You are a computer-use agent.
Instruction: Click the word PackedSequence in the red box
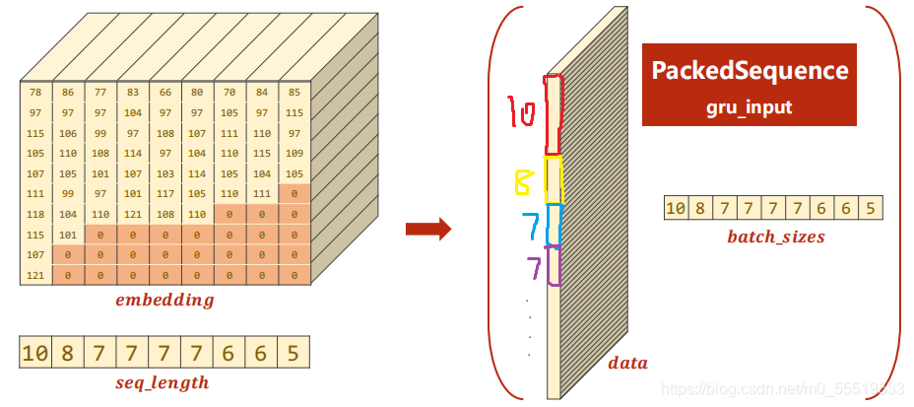click(750, 71)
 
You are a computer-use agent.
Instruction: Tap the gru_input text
click(750, 105)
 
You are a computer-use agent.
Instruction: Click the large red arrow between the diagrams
click(428, 230)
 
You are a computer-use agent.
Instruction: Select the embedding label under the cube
click(164, 301)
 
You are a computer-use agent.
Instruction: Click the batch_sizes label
click(775, 237)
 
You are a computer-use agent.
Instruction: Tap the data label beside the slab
click(627, 363)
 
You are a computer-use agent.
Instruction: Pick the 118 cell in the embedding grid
click(35, 213)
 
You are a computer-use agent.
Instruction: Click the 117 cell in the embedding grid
click(165, 193)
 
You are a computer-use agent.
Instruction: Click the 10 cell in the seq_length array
click(34, 353)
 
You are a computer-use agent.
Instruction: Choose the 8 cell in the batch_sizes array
click(699, 208)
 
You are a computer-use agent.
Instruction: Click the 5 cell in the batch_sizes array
click(871, 208)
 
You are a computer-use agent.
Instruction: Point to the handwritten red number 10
click(522, 113)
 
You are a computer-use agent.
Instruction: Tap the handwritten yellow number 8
click(523, 181)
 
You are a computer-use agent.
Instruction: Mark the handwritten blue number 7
click(532, 226)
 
